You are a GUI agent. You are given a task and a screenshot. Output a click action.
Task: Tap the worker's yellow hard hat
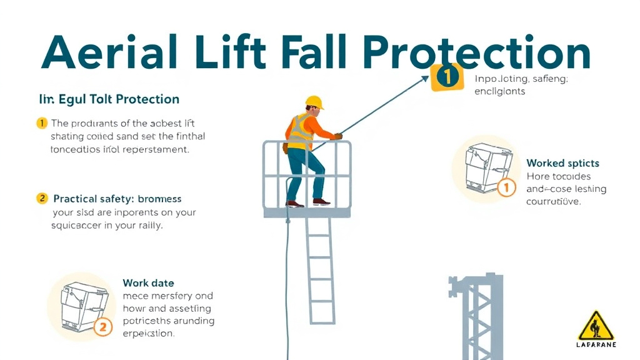coord(314,102)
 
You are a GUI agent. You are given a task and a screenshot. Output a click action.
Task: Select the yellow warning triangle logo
coord(596,326)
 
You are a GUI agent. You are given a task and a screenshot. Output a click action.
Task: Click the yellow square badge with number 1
coord(447,77)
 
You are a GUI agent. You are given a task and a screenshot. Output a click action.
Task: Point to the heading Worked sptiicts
coord(562,163)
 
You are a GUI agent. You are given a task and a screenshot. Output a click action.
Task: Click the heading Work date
coord(148,283)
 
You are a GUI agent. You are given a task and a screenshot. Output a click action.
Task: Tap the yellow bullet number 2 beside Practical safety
coord(42,198)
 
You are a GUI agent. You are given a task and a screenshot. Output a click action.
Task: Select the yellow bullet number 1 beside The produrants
coord(42,122)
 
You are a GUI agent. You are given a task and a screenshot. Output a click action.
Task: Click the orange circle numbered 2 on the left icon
coord(102,326)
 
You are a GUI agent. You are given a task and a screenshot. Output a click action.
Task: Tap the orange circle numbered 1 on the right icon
coord(506,187)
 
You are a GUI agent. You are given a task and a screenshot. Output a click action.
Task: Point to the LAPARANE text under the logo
coord(596,344)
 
